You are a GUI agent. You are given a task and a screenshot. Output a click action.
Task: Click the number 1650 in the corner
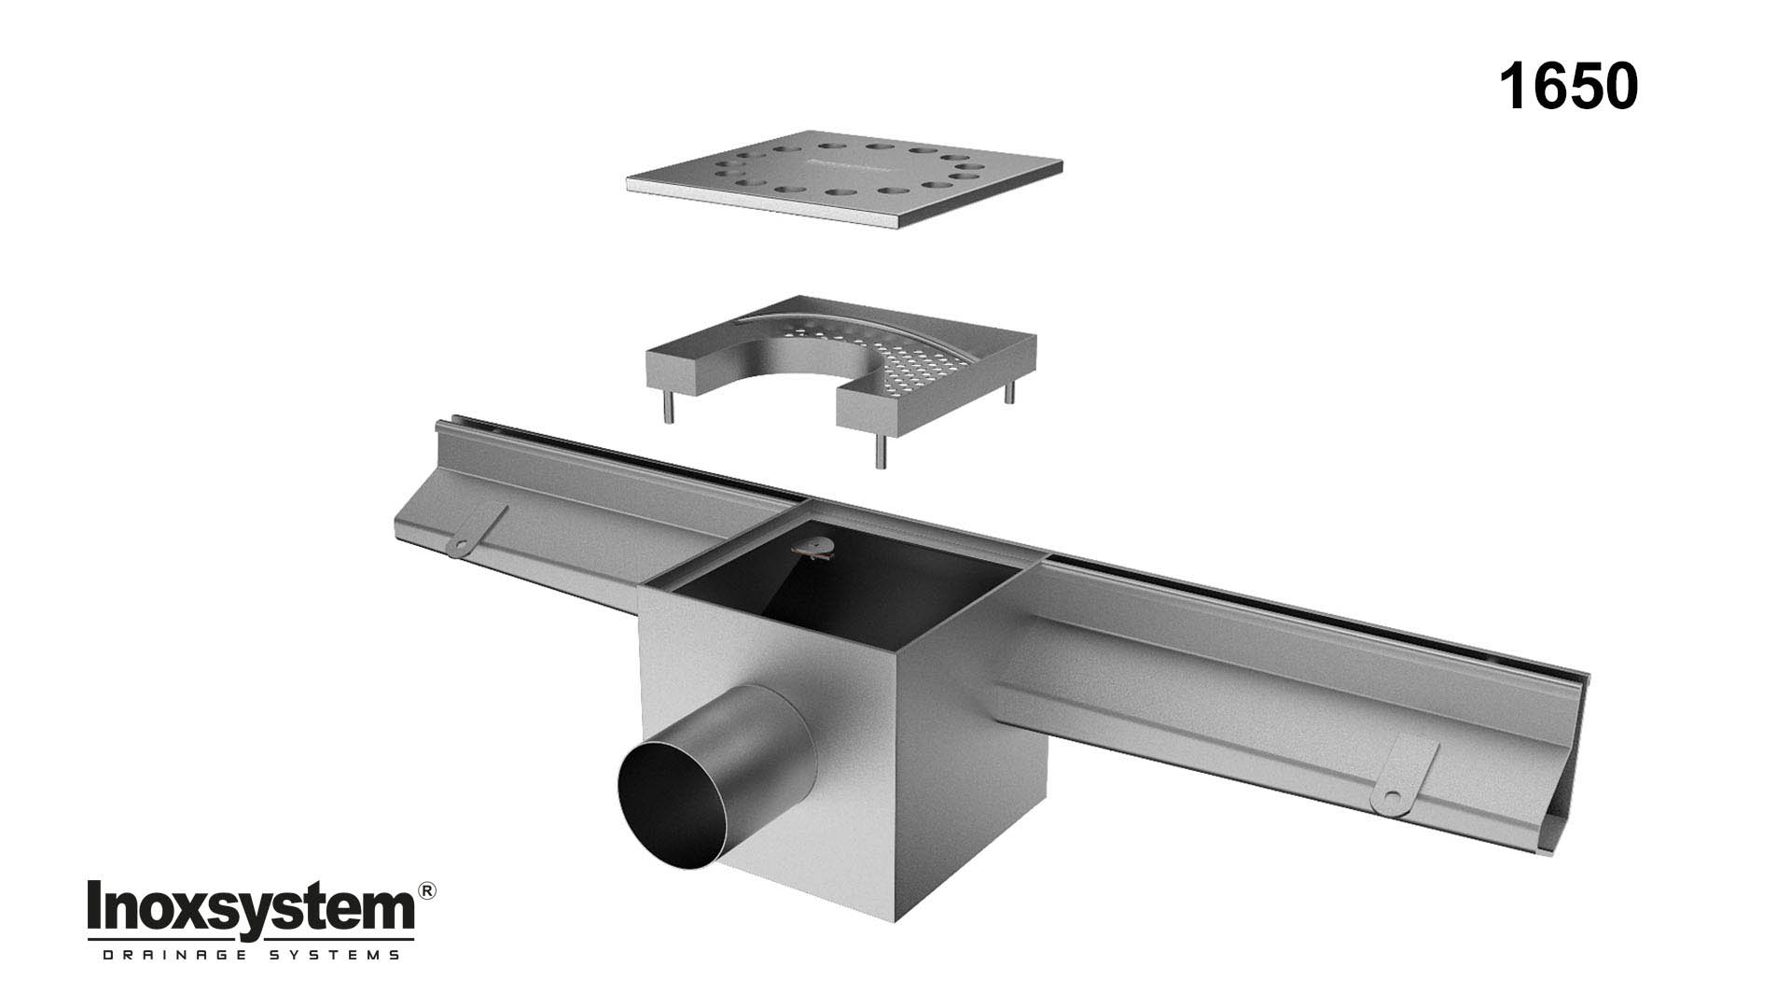[x=1568, y=87]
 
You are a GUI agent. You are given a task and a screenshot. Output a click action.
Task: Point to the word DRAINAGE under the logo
[x=167, y=955]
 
